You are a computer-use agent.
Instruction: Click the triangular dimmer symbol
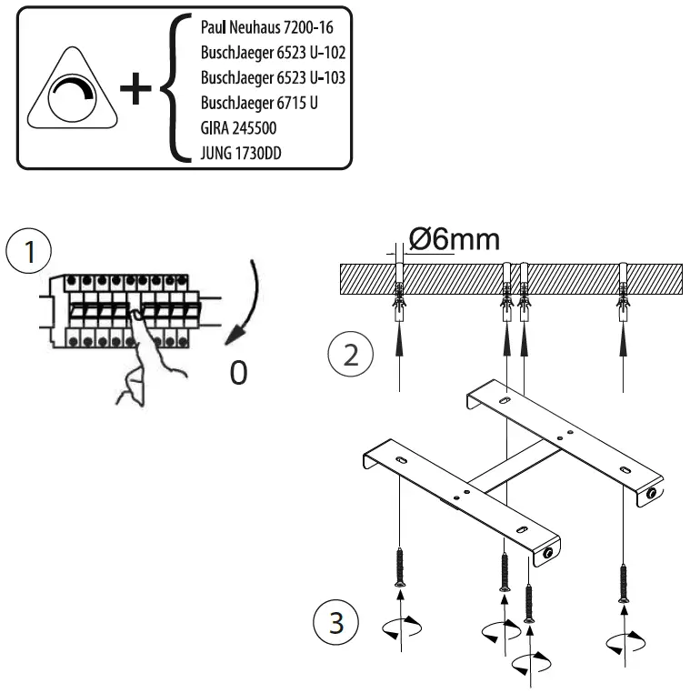(71, 95)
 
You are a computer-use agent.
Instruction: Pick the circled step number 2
(347, 354)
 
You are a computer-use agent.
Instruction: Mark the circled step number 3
(333, 627)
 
